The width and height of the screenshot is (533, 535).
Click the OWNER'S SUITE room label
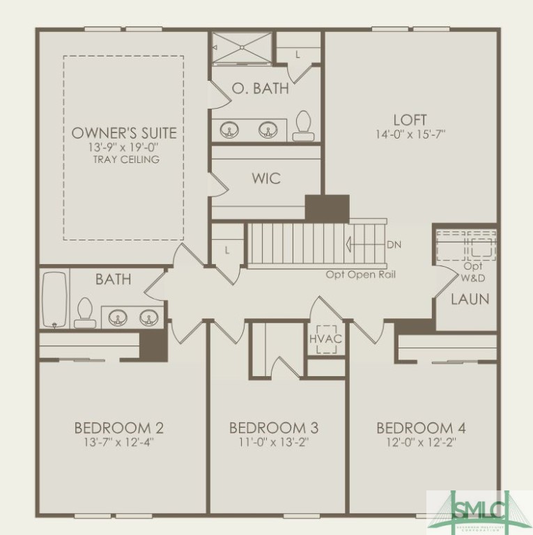pos(124,132)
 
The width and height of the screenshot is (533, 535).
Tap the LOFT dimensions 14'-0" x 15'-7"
pos(410,134)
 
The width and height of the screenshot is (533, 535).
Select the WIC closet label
pos(265,178)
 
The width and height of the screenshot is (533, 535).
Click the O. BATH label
pos(260,88)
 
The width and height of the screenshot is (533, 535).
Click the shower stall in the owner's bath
pos(242,48)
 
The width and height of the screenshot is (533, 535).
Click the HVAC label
pos(326,339)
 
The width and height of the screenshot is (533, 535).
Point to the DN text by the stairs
pos(394,245)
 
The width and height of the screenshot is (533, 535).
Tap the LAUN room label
pos(470,300)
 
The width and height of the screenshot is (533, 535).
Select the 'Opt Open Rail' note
pos(361,274)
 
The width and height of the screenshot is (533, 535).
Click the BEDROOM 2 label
pos(119,428)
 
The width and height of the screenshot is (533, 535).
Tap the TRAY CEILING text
pos(125,160)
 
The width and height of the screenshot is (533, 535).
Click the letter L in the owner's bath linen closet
pos(298,54)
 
